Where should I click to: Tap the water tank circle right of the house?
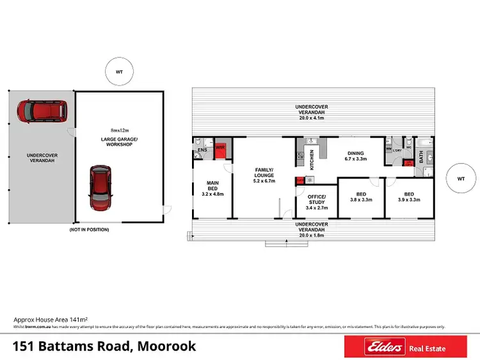click(x=460, y=180)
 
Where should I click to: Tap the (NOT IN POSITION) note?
click(x=89, y=229)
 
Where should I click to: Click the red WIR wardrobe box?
click(x=220, y=148)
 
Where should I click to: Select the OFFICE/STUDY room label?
click(x=317, y=201)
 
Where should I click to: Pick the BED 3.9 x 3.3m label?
click(x=408, y=196)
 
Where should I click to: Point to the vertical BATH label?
click(x=421, y=155)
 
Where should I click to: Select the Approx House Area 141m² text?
click(x=51, y=319)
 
